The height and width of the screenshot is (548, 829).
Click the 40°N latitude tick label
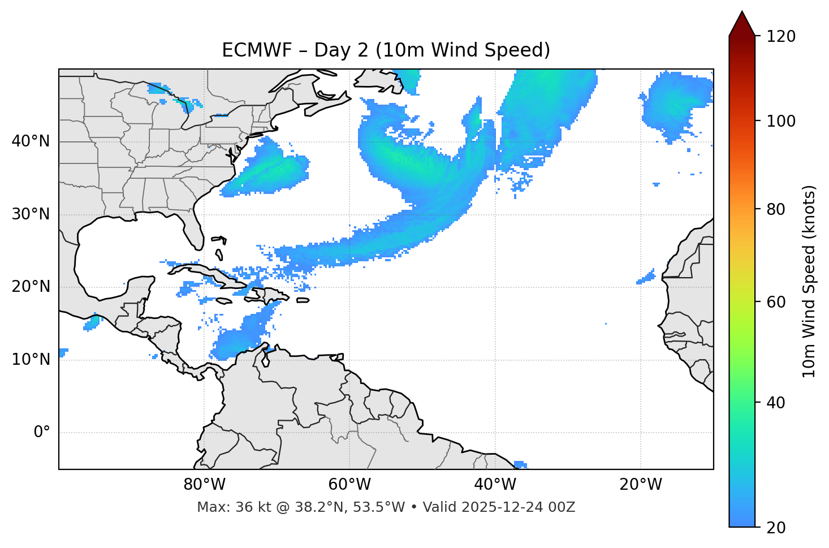(31, 141)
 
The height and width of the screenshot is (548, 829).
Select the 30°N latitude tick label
(31, 214)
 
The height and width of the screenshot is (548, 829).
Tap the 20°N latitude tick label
(31, 287)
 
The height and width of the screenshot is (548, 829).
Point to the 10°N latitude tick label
(31, 360)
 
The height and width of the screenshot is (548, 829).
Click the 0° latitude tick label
(42, 432)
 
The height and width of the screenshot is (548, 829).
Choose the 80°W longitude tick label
(204, 485)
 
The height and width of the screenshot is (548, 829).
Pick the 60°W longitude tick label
(349, 485)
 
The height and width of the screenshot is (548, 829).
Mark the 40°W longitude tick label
(495, 485)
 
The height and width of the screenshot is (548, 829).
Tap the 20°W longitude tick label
(640, 485)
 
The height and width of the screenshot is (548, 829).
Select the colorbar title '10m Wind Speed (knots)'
(809, 282)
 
